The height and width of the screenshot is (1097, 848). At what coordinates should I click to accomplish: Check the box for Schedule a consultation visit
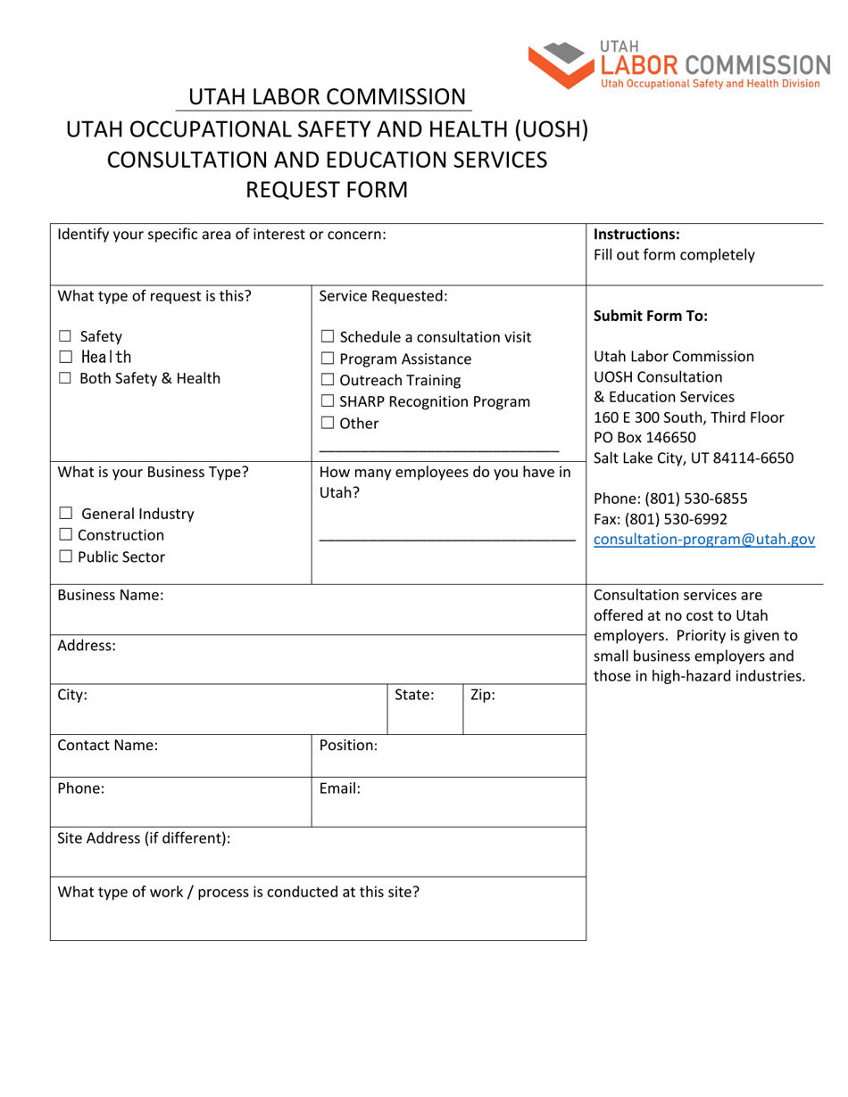(327, 337)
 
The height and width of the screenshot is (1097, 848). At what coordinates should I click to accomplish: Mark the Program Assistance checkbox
(327, 359)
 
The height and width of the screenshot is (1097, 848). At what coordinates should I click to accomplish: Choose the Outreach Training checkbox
(327, 381)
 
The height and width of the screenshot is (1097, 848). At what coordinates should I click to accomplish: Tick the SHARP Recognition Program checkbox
(327, 402)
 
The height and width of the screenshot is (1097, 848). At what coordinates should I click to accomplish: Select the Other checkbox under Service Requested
(327, 424)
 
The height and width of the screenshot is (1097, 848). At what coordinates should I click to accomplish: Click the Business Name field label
(111, 595)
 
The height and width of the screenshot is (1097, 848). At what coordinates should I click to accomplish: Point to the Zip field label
(482, 695)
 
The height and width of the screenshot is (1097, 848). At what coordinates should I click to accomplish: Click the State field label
(414, 695)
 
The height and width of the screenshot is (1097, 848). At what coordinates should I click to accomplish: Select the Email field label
(339, 788)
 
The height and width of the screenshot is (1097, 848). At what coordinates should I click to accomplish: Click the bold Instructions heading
(636, 235)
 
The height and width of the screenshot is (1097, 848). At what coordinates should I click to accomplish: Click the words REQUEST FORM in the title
(327, 190)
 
